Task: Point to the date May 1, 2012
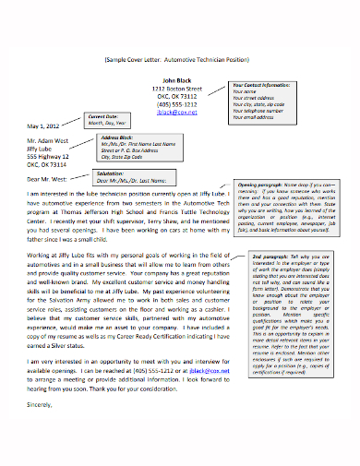(x=43, y=125)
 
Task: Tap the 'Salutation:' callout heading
(x=111, y=172)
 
